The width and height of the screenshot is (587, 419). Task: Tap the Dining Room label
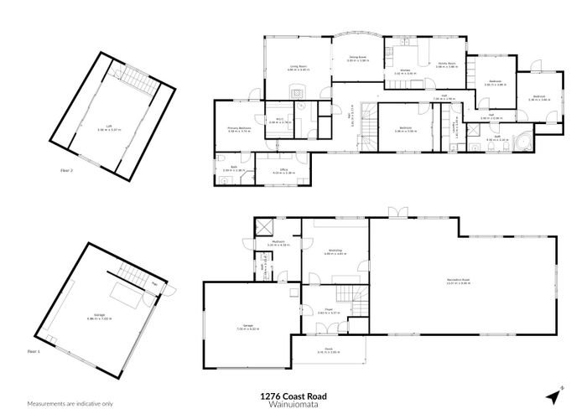tap(358, 58)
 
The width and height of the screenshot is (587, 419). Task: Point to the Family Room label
tap(445, 63)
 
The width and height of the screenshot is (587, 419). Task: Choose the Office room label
tap(284, 171)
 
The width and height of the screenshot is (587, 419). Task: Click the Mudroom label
tap(279, 242)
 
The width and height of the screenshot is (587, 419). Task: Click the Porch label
tap(322, 351)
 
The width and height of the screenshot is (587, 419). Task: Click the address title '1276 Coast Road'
tap(293, 396)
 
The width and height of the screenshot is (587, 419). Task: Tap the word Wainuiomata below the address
tap(293, 404)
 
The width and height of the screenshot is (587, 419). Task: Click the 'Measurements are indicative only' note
tap(70, 404)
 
